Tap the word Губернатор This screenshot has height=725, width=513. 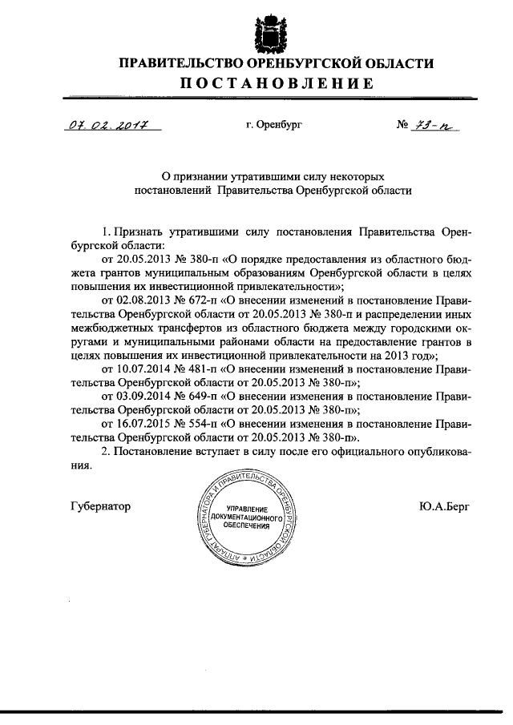(99, 506)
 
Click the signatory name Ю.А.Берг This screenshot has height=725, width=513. (446, 506)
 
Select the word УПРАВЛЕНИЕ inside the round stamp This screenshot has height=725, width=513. (248, 510)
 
